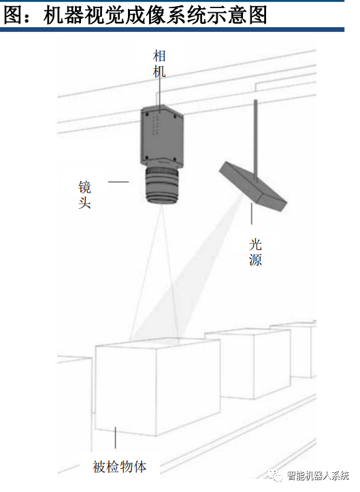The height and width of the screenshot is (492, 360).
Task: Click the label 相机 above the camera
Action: click(x=159, y=64)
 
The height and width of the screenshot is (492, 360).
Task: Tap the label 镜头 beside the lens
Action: click(x=84, y=195)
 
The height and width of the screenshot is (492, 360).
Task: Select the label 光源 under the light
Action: click(x=255, y=252)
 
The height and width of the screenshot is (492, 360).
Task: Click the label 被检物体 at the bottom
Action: click(x=120, y=467)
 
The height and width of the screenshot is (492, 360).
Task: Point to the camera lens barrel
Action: click(x=162, y=186)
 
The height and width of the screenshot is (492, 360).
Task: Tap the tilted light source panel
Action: click(x=253, y=186)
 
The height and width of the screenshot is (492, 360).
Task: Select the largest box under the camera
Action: click(x=158, y=387)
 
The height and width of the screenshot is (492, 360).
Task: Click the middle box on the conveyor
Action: click(x=248, y=364)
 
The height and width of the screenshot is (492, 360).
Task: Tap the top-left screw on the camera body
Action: click(x=146, y=114)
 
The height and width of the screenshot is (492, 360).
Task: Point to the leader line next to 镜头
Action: click(x=118, y=182)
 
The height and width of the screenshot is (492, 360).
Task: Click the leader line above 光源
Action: click(x=251, y=214)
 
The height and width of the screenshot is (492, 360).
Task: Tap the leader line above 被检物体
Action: click(x=116, y=438)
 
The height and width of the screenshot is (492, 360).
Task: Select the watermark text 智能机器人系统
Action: click(x=318, y=476)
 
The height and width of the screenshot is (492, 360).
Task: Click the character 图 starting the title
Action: click(x=13, y=14)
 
